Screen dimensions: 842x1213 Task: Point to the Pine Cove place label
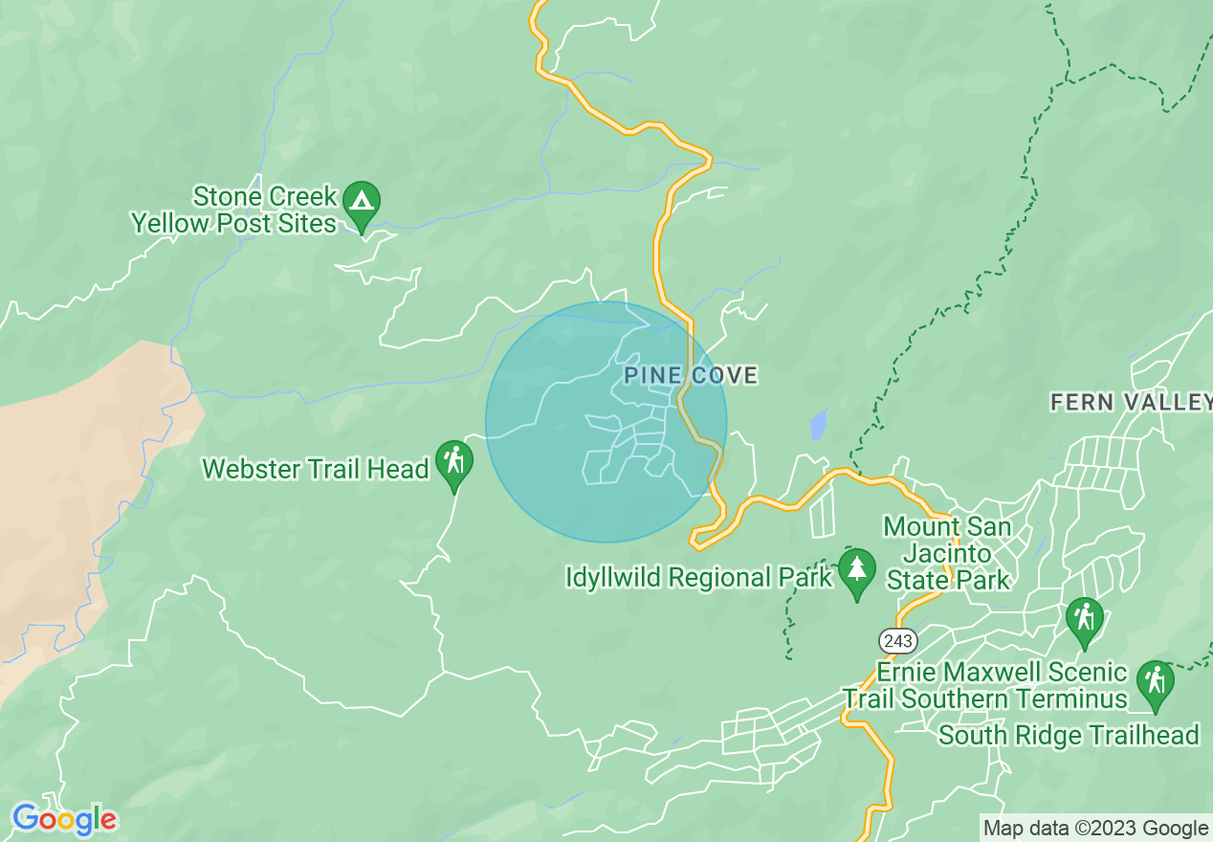[691, 376]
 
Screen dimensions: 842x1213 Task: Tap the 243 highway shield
[900, 639]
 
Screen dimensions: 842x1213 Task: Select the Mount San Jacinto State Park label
[947, 553]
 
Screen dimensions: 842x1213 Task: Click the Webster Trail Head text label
[316, 470]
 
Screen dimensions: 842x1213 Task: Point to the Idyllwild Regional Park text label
[699, 578]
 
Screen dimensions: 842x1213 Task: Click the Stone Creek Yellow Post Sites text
[235, 210]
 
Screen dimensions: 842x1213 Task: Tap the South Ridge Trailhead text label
[1069, 735]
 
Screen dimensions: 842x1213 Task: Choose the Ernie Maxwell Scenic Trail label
[985, 685]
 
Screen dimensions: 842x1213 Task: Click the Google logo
[64, 819]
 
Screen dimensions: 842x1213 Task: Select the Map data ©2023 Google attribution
[1096, 829]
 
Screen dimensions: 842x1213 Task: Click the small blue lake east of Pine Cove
[818, 423]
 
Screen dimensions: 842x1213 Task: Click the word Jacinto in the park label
[946, 553]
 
